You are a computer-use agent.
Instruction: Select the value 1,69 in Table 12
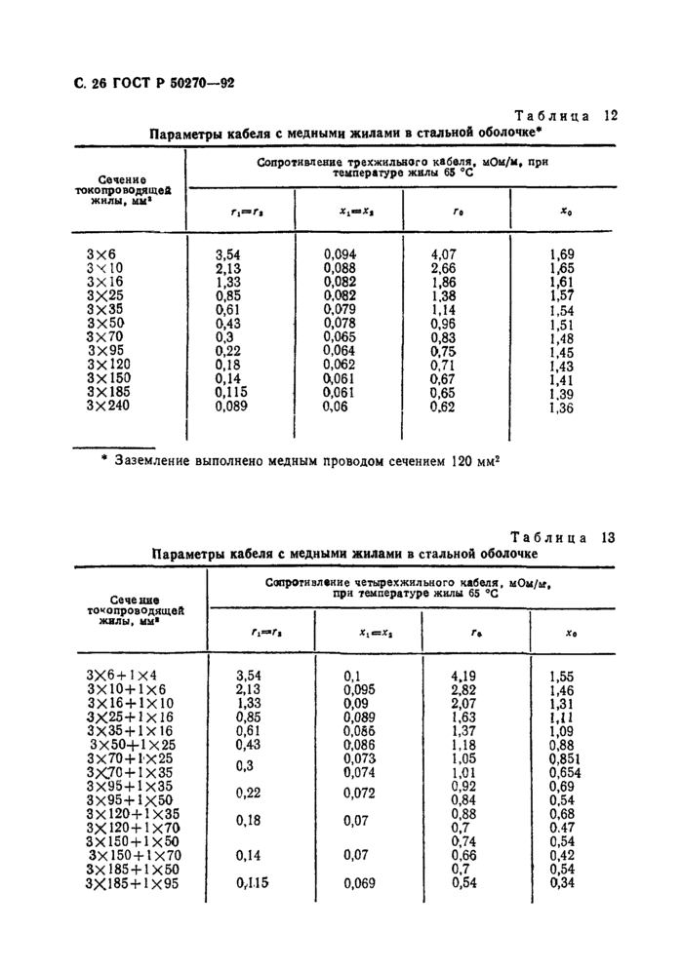click(x=563, y=254)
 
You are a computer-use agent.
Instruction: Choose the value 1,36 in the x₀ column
click(x=563, y=408)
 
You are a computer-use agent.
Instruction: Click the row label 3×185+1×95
click(x=136, y=883)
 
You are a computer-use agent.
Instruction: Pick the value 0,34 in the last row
click(x=563, y=883)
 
